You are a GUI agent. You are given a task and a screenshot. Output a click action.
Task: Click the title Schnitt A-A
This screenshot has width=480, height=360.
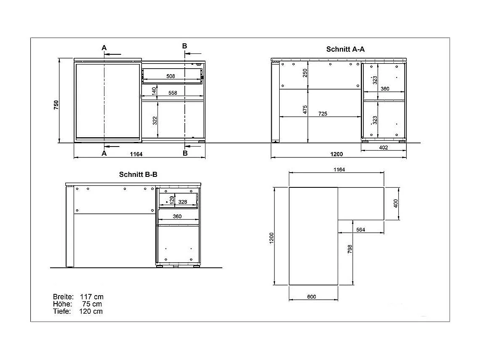[x=345, y=49]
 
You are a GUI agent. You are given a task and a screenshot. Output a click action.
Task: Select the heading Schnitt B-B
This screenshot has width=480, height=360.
[x=138, y=174]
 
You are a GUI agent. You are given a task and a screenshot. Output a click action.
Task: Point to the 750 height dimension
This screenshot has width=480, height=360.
[x=56, y=105]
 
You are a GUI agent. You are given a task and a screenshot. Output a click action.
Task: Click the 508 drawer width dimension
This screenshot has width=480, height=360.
[x=171, y=76]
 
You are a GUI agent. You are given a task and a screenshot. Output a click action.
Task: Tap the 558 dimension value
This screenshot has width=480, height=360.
[x=173, y=93]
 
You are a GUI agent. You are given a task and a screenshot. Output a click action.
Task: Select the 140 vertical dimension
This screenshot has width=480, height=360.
[x=154, y=91]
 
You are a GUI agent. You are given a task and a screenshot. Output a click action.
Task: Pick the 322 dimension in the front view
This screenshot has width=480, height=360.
[x=155, y=120]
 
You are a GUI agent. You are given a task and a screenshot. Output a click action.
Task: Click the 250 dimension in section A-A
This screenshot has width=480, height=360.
[x=305, y=73]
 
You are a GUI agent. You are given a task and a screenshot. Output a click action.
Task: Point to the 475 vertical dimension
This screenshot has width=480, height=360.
[x=305, y=110]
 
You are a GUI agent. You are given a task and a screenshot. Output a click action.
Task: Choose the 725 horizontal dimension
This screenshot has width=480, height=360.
[x=323, y=114]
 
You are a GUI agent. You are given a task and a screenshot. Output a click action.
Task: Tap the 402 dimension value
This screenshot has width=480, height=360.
[x=383, y=147]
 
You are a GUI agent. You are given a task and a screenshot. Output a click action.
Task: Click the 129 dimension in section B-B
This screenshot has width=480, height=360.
[x=172, y=200]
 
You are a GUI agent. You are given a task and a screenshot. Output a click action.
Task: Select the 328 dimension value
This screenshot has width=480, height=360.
[x=182, y=202]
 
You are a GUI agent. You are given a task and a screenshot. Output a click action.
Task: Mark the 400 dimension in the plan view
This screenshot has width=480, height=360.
[x=395, y=203]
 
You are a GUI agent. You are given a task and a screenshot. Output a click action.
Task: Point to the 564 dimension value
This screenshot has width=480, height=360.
[x=360, y=230]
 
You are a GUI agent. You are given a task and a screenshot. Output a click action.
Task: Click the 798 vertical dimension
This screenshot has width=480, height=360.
[x=350, y=249]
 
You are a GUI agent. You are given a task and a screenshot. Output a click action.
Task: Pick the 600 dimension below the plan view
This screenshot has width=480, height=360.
[x=312, y=297]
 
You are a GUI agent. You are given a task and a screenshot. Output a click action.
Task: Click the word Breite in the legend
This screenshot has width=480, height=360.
[x=63, y=297]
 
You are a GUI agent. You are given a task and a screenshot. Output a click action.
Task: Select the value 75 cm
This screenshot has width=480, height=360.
[x=92, y=304]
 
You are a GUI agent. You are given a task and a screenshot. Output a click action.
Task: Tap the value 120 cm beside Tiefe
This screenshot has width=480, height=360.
[x=91, y=312]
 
